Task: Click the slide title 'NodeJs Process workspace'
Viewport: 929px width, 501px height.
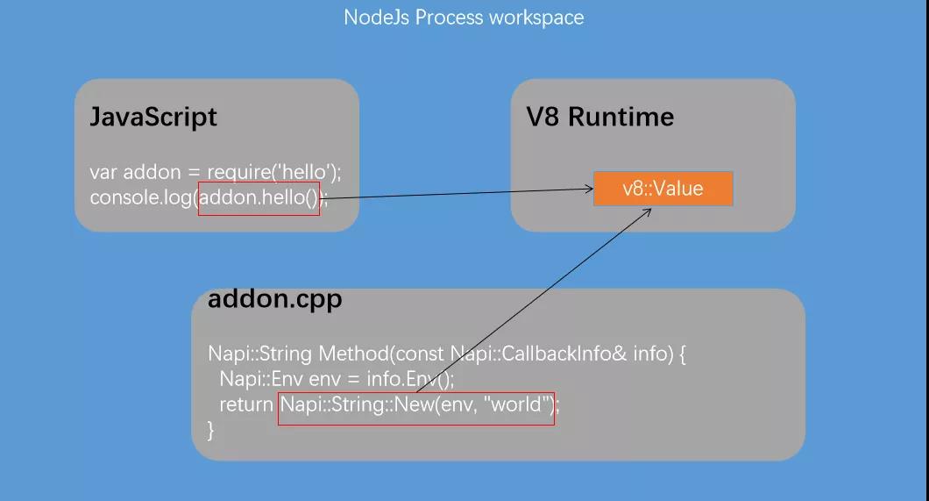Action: [464, 18]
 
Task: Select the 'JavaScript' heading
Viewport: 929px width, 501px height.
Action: [153, 118]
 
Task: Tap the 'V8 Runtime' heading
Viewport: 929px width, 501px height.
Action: [600, 118]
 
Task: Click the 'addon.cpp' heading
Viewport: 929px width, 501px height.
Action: [274, 299]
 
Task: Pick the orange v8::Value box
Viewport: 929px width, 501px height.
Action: [663, 189]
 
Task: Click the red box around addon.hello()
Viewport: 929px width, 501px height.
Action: [259, 198]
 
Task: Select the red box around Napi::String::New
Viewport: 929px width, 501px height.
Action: [415, 409]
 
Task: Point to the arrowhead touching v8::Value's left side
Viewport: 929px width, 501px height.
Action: [588, 188]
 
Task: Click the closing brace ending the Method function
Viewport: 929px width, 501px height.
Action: [210, 430]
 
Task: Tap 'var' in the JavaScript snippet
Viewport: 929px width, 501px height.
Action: [103, 173]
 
